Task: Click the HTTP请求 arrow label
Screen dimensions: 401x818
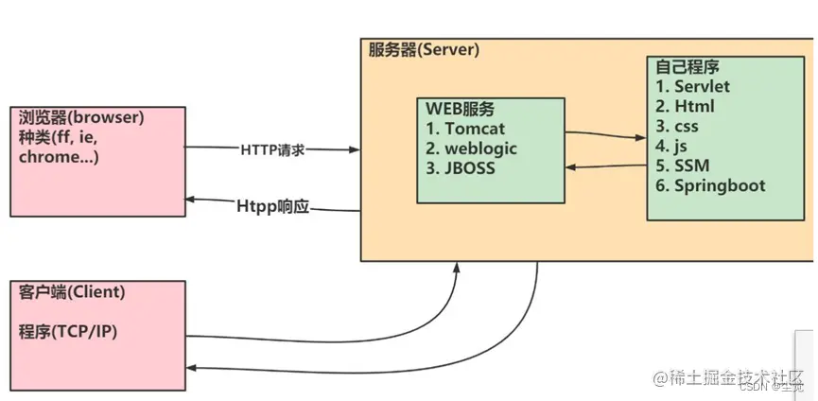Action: point(275,149)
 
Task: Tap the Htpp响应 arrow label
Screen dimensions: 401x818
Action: point(273,203)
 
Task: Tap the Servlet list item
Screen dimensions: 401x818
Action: point(699,87)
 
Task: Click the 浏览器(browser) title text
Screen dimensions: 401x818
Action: point(80,118)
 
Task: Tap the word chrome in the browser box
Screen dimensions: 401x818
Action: point(50,158)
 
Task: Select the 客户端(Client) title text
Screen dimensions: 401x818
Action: point(72,292)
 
